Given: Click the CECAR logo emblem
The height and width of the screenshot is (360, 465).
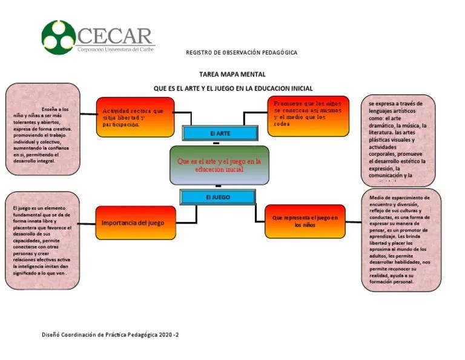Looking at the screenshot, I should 59,38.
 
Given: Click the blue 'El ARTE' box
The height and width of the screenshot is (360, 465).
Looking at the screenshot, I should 220,133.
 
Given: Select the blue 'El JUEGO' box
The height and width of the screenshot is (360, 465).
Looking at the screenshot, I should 217,197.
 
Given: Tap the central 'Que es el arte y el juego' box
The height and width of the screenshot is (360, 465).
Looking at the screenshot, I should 219,165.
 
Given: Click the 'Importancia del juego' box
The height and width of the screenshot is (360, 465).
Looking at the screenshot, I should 133,222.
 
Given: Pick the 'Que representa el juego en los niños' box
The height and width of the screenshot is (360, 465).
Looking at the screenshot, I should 305,221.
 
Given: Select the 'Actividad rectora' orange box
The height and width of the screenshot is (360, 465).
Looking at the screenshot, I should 135,116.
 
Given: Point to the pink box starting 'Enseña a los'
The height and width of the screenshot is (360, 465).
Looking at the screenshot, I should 42,129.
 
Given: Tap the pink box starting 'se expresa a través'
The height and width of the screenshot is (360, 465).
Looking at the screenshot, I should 398,140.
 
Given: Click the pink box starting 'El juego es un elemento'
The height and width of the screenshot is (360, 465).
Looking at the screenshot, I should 42,241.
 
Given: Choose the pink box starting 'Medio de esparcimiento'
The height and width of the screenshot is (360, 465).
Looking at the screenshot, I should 401,240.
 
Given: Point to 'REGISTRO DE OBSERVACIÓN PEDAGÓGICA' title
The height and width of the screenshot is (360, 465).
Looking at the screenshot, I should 242,53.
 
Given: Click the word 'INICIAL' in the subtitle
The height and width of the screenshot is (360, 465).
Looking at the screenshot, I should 298,88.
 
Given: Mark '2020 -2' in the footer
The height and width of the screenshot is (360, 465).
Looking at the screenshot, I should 170,335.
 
